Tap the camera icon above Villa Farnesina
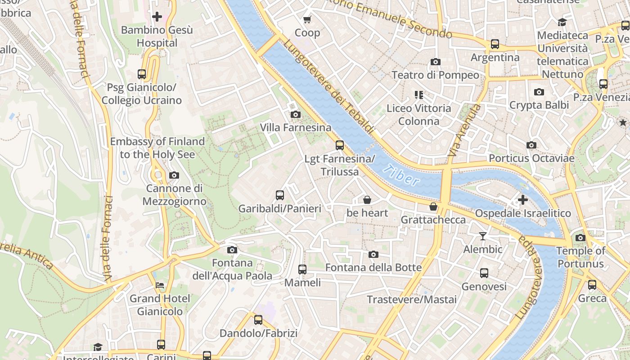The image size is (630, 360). [295, 114]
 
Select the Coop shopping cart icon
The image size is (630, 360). [307, 19]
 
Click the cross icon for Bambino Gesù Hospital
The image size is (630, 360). [157, 17]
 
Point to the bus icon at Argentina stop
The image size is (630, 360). [495, 44]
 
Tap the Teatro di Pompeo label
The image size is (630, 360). [435, 75]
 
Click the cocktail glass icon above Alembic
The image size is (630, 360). [483, 236]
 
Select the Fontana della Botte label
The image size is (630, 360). [373, 268]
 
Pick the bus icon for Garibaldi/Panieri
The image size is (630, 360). [279, 195]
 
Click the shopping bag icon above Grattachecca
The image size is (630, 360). [433, 207]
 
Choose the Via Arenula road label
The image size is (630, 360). [463, 130]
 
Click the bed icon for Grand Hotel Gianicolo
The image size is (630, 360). [160, 285]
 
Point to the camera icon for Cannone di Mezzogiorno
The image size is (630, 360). [174, 175]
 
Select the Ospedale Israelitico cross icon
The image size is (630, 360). [522, 199]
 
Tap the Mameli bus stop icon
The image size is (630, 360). [302, 269]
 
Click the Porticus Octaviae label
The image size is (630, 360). [531, 158]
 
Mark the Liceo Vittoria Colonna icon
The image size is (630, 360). [419, 94]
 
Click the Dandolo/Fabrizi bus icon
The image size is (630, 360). [258, 320]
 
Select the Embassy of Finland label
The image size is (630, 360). [157, 148]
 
